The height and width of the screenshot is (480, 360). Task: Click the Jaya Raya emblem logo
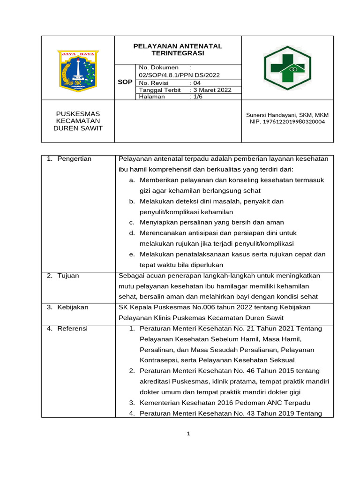(x=78, y=71)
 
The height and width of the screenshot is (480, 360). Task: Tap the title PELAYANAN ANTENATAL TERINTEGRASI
(x=178, y=50)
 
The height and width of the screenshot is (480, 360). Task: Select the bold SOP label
(x=125, y=82)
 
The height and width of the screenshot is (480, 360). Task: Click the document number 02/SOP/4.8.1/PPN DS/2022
(x=179, y=75)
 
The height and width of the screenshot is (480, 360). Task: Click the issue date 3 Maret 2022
(x=212, y=90)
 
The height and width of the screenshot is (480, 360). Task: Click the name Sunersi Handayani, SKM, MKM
(x=287, y=115)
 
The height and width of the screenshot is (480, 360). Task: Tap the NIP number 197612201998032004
(x=287, y=122)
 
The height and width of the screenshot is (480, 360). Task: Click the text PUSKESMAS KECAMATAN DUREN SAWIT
(x=78, y=121)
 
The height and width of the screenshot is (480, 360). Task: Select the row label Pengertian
(x=74, y=159)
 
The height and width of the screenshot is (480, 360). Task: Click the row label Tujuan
(x=68, y=276)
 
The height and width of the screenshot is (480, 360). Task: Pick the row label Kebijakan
(x=73, y=307)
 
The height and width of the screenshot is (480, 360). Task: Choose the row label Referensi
(x=72, y=329)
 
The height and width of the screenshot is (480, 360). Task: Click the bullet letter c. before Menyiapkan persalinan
(x=132, y=222)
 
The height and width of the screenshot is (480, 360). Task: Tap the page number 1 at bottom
(x=187, y=434)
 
